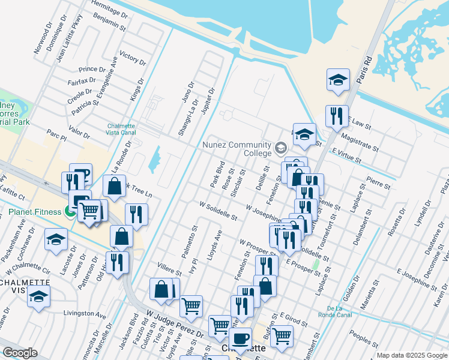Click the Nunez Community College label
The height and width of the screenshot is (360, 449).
237,149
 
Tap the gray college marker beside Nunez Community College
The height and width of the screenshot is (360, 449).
280,148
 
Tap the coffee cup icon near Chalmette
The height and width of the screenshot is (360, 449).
240,338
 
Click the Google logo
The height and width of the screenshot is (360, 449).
19,353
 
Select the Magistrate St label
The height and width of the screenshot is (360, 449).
358,143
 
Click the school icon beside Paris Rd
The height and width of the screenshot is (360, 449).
339,79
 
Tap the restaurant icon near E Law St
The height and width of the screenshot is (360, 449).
337,115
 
